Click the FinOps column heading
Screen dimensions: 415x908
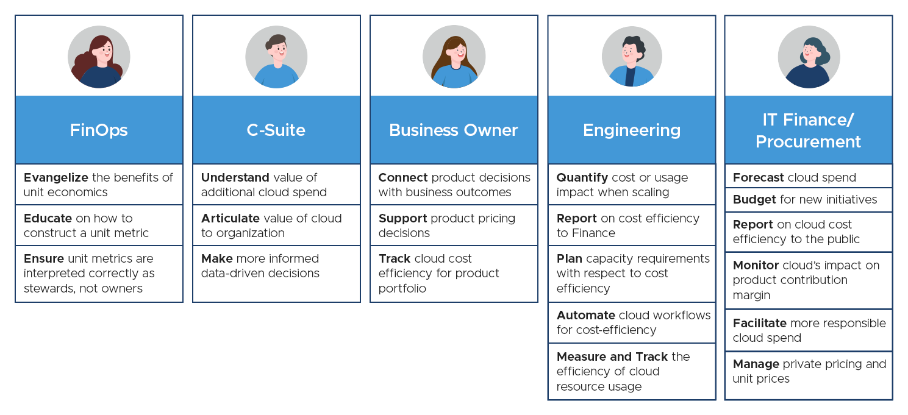pyautogui.click(x=99, y=130)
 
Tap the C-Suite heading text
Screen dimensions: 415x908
pyautogui.click(x=276, y=130)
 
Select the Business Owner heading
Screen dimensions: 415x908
pyautogui.click(x=453, y=130)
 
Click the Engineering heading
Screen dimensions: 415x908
pyautogui.click(x=631, y=130)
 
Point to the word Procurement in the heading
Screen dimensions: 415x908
pyautogui.click(x=808, y=141)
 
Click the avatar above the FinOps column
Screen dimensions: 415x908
pyautogui.click(x=99, y=57)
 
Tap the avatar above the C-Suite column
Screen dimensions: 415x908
pyautogui.click(x=276, y=57)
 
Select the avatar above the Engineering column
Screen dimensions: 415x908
pyautogui.click(x=631, y=57)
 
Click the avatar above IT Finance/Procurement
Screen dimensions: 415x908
pyautogui.click(x=808, y=57)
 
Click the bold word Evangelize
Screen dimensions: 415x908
pyautogui.click(x=55, y=177)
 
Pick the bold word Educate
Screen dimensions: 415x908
pyautogui.click(x=47, y=218)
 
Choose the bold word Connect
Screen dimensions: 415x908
pyautogui.click(x=403, y=177)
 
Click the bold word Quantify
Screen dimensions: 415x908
pyautogui.click(x=582, y=177)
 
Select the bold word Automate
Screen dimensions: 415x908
pyautogui.click(x=585, y=315)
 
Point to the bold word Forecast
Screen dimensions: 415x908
pyautogui.click(x=758, y=177)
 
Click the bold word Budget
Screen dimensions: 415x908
pyautogui.click(x=754, y=199)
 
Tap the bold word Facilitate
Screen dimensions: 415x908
pyautogui.click(x=759, y=323)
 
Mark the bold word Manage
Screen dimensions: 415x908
pyautogui.click(x=756, y=364)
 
